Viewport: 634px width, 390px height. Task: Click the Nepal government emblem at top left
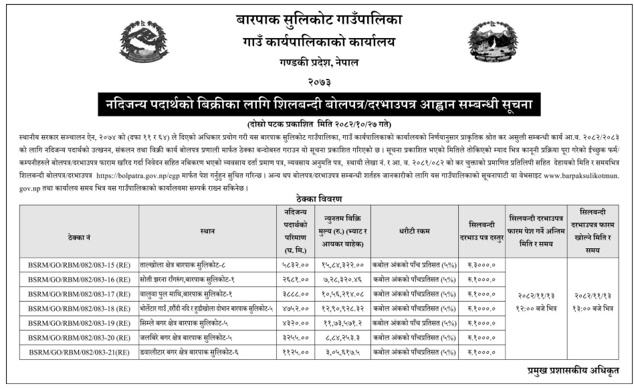pyautogui.click(x=144, y=41)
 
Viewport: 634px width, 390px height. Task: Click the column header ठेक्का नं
pyautogui.click(x=80, y=231)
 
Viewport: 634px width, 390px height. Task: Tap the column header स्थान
pyautogui.click(x=207, y=231)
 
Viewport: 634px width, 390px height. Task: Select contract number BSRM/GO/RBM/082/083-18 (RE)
pyautogui.click(x=80, y=308)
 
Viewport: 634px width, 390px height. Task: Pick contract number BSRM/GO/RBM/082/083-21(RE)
pyautogui.click(x=80, y=351)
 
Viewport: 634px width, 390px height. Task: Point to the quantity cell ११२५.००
pyautogui.click(x=295, y=351)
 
